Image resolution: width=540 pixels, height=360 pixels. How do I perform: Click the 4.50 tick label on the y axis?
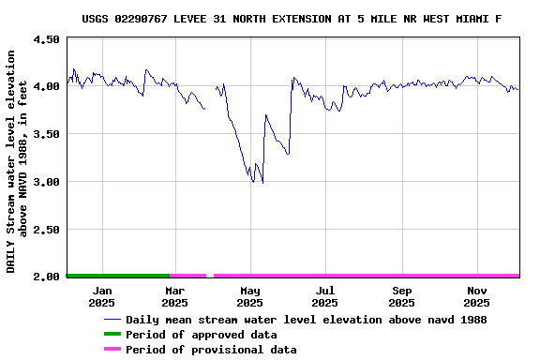point(45,39)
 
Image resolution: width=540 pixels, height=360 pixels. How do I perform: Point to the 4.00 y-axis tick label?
point(45,86)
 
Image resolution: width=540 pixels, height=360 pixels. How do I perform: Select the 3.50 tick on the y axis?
point(45,134)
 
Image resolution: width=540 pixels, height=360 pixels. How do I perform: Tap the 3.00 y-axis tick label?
point(45,182)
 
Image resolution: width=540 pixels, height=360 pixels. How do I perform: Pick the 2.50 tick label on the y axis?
point(45,230)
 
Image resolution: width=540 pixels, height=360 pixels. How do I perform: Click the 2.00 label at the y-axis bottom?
point(45,277)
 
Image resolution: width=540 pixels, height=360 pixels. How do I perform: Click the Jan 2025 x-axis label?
point(101,296)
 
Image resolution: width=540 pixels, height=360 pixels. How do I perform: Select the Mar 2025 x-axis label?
point(174,296)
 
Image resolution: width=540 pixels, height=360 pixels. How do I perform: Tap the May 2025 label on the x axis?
point(249,296)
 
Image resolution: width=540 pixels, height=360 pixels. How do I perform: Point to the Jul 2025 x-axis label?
point(324,296)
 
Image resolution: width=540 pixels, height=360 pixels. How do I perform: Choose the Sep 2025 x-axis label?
point(401,296)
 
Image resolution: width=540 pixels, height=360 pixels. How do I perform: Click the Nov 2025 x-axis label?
point(476,296)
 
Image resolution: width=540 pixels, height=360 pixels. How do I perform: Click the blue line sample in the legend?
point(112,320)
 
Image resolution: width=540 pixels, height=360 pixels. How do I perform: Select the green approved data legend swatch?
point(112,335)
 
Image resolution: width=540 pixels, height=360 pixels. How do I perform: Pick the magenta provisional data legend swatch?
point(112,350)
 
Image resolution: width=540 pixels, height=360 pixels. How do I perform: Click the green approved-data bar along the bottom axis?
point(117,276)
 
